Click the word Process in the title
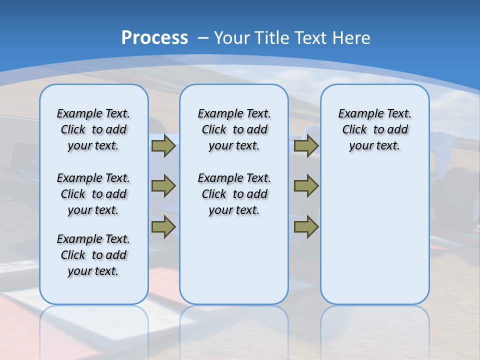pyautogui.click(x=154, y=37)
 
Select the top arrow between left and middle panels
pyautogui.click(x=163, y=146)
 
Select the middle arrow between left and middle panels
pyautogui.click(x=163, y=186)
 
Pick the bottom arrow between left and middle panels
pyautogui.click(x=163, y=227)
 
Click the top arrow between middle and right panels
pyautogui.click(x=306, y=146)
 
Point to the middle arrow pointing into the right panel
pyautogui.click(x=306, y=186)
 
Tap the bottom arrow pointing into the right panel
pyautogui.click(x=306, y=227)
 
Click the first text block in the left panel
pyautogui.click(x=93, y=129)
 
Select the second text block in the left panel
pyautogui.click(x=93, y=194)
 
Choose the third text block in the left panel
pyautogui.click(x=93, y=255)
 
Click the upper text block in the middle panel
pyautogui.click(x=234, y=129)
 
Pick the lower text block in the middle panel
pyautogui.click(x=234, y=194)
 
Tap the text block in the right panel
pyautogui.click(x=374, y=129)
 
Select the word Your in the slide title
pyautogui.click(x=233, y=37)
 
